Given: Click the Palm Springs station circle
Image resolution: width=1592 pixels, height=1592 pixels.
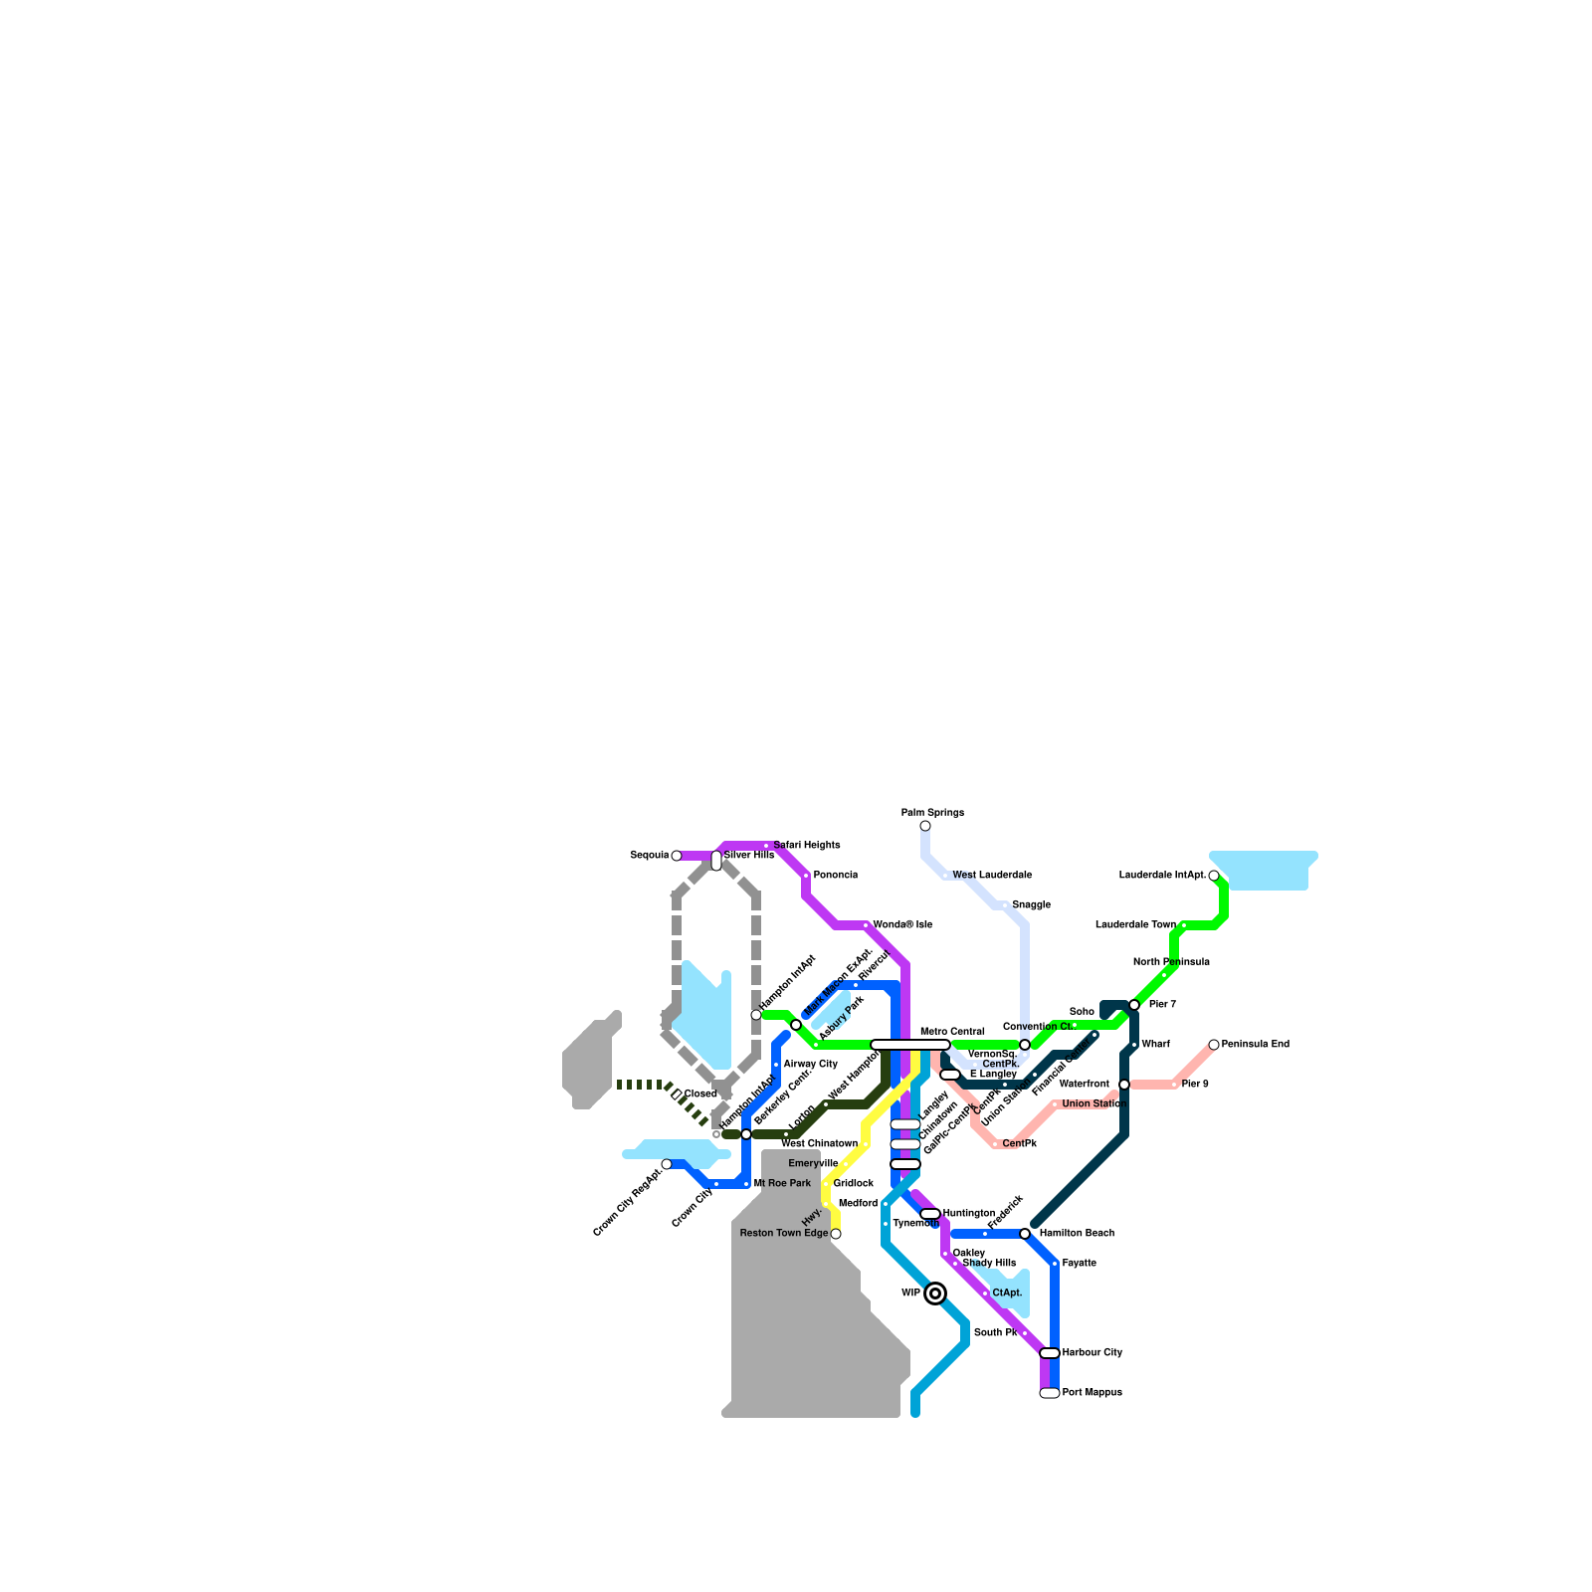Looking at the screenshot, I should (x=925, y=826).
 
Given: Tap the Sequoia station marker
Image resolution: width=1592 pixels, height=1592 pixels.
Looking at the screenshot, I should (x=677, y=856).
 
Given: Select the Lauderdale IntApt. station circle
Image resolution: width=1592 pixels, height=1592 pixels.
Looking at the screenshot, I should (x=1214, y=876).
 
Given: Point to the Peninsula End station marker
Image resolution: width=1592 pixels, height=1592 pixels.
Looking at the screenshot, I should (x=1214, y=1045).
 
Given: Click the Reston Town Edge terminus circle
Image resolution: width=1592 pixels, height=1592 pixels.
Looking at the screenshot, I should (x=836, y=1234).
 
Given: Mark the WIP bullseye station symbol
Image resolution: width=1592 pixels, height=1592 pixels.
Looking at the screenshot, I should (x=935, y=1293).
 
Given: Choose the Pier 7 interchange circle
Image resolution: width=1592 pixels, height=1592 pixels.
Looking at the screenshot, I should (x=1134, y=1005).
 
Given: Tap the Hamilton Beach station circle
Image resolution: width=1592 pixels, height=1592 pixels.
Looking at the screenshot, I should (x=1025, y=1234).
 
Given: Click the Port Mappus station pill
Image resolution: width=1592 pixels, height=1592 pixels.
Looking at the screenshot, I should (x=1050, y=1393).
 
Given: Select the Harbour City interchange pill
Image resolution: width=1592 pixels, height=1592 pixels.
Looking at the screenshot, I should (x=1050, y=1353).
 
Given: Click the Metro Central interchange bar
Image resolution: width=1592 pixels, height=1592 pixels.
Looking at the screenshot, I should (x=910, y=1045).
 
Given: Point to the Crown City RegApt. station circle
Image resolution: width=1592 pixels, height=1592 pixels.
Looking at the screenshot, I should (x=667, y=1164).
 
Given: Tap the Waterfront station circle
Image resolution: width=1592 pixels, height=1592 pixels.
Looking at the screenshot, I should (x=1124, y=1085).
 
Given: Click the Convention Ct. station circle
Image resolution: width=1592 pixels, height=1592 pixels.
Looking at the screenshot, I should (x=1025, y=1045).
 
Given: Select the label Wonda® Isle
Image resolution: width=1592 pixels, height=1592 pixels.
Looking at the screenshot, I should (x=902, y=925).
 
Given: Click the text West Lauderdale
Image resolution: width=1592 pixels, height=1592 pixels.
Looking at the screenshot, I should (x=992, y=876).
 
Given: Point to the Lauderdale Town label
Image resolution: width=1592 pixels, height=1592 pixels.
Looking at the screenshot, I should (x=1135, y=925).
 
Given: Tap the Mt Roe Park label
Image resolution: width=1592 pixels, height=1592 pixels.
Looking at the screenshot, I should (x=782, y=1184).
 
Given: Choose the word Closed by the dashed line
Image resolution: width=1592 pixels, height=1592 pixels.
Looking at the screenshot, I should (x=700, y=1094).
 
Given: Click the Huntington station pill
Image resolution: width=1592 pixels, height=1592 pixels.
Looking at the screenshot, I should (x=930, y=1214).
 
